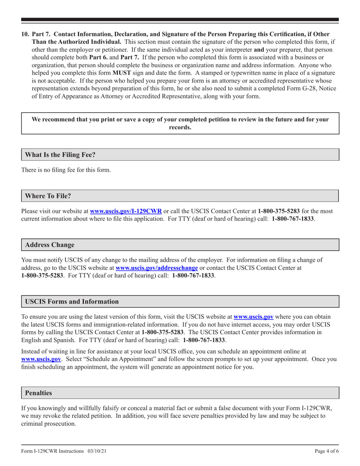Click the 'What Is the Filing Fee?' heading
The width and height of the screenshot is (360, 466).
coord(60,155)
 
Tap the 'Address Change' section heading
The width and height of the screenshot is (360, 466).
coord(50,245)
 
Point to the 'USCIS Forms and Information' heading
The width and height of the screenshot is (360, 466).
coord(72,302)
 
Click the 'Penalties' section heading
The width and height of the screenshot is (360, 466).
coord(38,393)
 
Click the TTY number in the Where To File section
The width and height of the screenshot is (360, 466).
coord(293,219)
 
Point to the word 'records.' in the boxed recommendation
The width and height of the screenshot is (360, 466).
coord(180,127)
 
